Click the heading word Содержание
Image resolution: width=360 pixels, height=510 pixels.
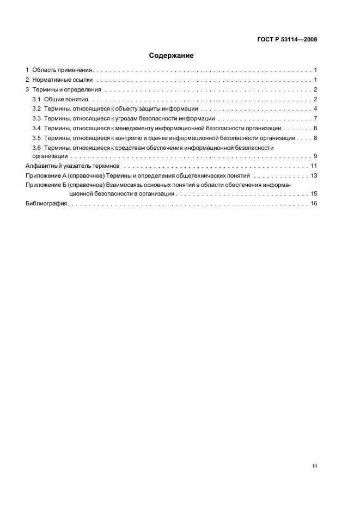(172, 56)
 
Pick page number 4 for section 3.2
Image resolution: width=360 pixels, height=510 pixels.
(315, 109)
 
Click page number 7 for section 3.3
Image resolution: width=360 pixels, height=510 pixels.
(315, 118)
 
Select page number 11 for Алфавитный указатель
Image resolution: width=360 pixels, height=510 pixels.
(314, 166)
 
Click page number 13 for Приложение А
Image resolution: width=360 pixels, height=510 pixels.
(314, 175)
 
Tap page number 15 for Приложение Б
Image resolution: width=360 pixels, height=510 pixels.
(314, 193)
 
